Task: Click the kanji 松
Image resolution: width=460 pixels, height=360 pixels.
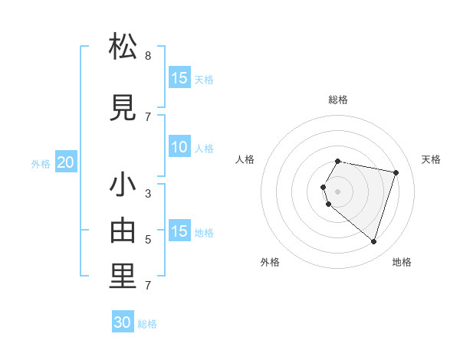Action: [x=123, y=47]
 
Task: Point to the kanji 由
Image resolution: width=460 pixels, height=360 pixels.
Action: [x=123, y=231]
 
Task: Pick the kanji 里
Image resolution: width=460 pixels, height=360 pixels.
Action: [x=123, y=277]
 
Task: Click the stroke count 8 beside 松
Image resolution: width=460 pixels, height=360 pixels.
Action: [x=148, y=56]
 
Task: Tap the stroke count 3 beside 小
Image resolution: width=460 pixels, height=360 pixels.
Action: [x=148, y=193]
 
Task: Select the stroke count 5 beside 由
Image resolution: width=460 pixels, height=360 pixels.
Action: [x=148, y=240]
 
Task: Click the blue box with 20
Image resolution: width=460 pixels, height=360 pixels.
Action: [x=66, y=162]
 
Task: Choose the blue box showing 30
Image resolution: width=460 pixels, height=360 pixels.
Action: [x=123, y=322]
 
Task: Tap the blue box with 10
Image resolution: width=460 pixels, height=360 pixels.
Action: [x=179, y=148]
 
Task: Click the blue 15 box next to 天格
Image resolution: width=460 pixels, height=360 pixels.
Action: [x=179, y=78]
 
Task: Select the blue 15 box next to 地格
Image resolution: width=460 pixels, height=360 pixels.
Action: [x=179, y=231]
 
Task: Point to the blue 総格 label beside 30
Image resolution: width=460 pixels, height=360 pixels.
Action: [x=147, y=324]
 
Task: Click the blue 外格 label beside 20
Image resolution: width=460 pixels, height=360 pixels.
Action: [x=41, y=164]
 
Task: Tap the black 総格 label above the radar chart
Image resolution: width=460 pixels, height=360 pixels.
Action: [x=338, y=100]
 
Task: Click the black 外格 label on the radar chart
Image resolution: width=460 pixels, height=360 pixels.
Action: [x=270, y=262]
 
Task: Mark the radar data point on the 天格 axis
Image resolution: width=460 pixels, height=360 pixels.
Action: [x=396, y=172]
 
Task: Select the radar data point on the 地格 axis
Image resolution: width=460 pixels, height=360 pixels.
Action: [x=373, y=241]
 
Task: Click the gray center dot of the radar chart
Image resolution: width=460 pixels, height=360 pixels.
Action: [x=337, y=191]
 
